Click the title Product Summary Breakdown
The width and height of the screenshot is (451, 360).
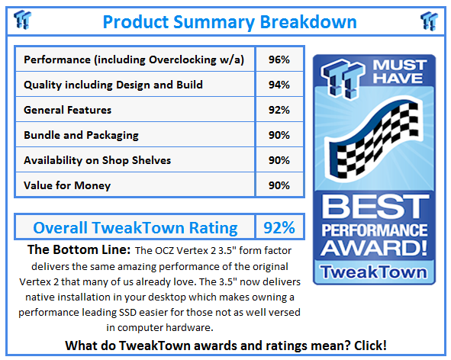229,21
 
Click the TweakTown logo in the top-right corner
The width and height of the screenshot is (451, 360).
429,20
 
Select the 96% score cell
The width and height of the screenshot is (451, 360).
279,59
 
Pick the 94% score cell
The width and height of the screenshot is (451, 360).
279,85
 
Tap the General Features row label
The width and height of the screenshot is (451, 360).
68,110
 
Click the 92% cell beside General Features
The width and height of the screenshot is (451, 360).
279,110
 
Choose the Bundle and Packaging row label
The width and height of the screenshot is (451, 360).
81,135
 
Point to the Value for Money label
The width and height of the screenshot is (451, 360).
67,185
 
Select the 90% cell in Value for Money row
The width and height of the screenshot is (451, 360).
279,185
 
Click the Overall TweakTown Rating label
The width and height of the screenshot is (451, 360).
134,227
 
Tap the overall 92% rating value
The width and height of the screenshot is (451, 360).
279,227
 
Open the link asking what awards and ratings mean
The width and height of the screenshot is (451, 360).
226,346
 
